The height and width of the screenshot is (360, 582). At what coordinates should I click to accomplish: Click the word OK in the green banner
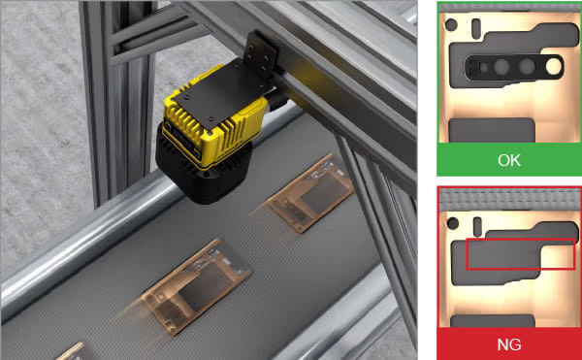(x=509, y=160)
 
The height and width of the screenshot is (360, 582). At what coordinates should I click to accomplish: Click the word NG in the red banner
(x=509, y=344)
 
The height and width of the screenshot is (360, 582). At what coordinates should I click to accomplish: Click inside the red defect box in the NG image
(x=520, y=254)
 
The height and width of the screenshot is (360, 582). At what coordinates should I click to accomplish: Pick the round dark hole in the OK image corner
(x=451, y=25)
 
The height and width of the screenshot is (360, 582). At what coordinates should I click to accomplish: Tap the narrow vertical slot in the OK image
(x=476, y=29)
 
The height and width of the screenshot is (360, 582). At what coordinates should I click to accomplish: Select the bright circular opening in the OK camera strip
(x=554, y=67)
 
